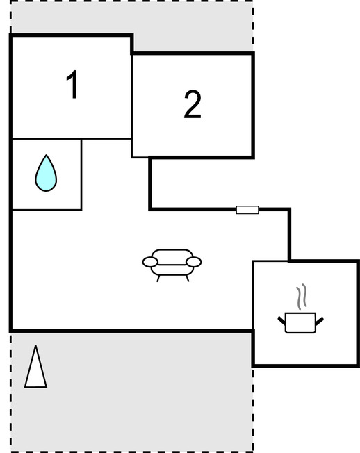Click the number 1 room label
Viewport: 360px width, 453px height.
click(x=73, y=84)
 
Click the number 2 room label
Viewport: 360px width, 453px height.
click(x=193, y=105)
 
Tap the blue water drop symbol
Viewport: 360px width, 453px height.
click(x=46, y=173)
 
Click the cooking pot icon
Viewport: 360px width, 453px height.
click(x=300, y=323)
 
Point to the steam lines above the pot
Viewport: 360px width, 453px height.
click(x=302, y=297)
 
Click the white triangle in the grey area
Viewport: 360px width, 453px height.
click(x=35, y=366)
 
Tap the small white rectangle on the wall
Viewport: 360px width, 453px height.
click(x=247, y=210)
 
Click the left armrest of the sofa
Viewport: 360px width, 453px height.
click(x=150, y=262)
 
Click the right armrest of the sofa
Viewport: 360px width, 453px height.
click(x=194, y=262)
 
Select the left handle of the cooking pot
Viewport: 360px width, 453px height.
click(x=281, y=321)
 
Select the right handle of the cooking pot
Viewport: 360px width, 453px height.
click(x=320, y=321)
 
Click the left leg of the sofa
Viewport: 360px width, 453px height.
click(x=158, y=278)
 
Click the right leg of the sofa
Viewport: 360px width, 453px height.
click(x=187, y=278)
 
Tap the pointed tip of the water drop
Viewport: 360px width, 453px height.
click(x=47, y=155)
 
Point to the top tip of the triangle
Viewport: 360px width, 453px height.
click(x=35, y=345)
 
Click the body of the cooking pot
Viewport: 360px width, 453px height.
click(x=300, y=323)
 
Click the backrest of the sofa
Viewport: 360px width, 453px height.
click(x=172, y=256)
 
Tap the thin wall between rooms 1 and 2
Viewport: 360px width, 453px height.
click(x=132, y=106)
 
